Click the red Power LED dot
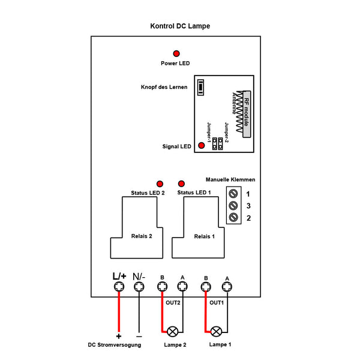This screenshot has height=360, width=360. tap(176, 53)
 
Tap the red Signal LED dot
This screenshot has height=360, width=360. tap(202, 145)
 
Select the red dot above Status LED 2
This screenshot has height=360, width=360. tap(160, 184)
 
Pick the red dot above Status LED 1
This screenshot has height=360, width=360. tap(181, 184)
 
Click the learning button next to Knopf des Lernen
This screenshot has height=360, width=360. tap(200, 87)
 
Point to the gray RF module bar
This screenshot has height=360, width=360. tap(247, 114)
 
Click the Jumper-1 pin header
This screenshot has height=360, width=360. tap(214, 144)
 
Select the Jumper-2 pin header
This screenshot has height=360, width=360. tap(220, 144)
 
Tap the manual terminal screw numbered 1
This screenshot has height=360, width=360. tap(233, 194)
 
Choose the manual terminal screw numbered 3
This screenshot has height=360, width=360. tap(233, 205)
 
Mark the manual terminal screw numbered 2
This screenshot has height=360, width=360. tap(233, 217)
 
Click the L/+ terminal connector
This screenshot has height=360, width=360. tap(119, 287)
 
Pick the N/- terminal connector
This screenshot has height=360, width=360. tap(139, 287)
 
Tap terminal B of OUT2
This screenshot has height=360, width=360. tap(163, 287)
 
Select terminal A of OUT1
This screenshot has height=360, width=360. tap(227, 287)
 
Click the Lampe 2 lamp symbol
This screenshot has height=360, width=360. tap(172, 331)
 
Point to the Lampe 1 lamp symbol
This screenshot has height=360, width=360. tap(216, 331)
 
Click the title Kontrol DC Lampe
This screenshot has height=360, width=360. tap(180, 26)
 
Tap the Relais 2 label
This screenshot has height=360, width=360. tap(142, 236)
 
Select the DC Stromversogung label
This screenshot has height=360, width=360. tap(115, 344)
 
